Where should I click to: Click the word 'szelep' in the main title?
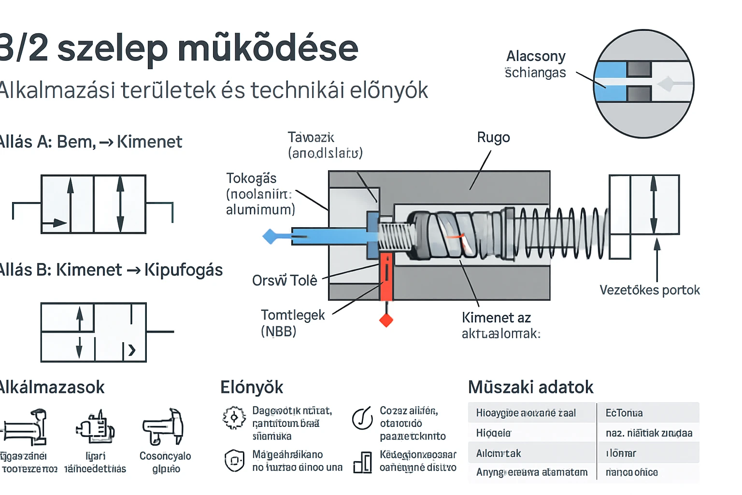click(113, 49)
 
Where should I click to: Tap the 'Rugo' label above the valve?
click(493, 138)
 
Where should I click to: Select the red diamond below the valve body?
click(386, 320)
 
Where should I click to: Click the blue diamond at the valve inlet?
click(270, 236)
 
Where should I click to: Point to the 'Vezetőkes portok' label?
click(649, 290)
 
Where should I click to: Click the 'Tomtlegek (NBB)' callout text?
click(292, 323)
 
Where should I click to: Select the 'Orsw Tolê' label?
click(285, 280)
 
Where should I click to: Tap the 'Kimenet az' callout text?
click(496, 318)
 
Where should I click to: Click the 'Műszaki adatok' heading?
click(530, 387)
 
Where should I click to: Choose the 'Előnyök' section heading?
click(252, 387)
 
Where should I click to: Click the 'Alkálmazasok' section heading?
click(52, 387)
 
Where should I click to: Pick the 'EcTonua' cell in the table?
click(624, 413)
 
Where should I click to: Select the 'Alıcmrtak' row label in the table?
click(499, 453)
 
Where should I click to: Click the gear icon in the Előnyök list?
click(234, 418)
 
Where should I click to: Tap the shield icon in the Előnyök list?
click(234, 460)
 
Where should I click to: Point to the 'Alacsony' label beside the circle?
click(536, 57)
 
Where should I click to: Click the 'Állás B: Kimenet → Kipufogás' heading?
click(111, 270)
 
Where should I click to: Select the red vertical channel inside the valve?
click(386, 277)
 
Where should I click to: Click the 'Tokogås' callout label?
click(251, 178)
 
